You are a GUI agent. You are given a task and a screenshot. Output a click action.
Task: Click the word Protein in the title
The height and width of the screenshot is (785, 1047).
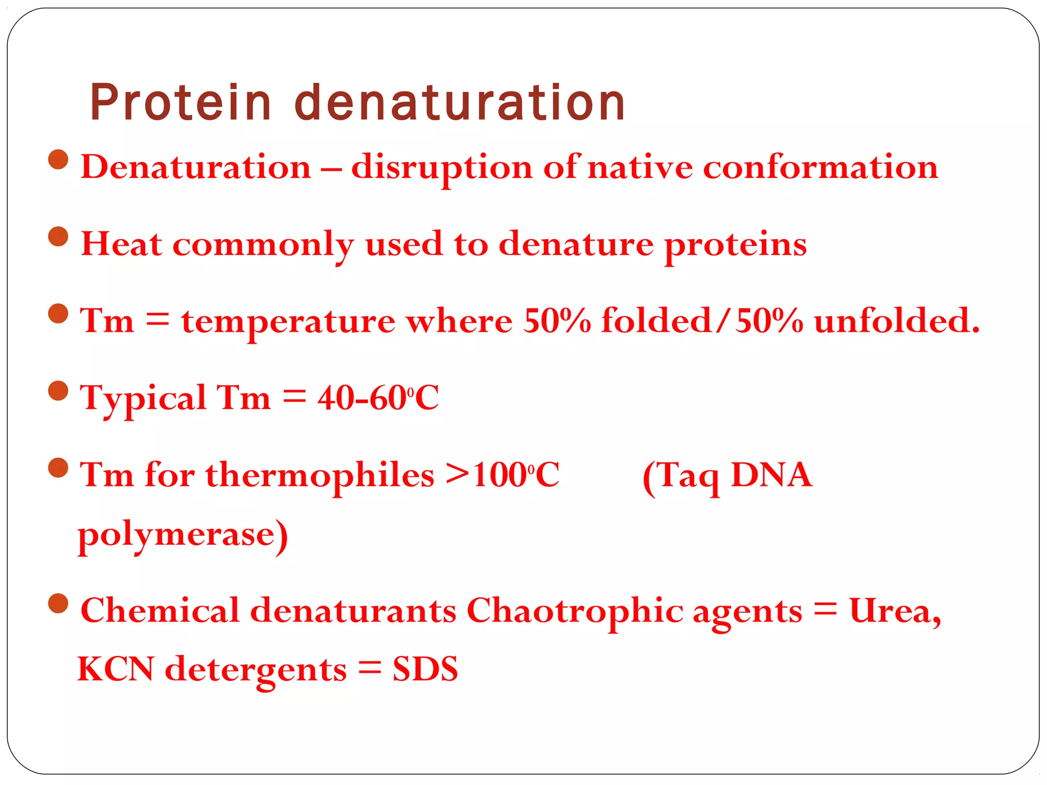[180, 103]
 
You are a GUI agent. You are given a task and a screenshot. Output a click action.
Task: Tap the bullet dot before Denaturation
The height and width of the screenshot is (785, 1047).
[58, 160]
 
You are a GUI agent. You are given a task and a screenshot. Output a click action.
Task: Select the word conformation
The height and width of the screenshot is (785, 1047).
[820, 168]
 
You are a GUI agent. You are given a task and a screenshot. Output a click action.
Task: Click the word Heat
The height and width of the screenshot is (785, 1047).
[122, 244]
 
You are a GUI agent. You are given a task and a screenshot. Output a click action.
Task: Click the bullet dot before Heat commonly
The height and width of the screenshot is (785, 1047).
[58, 237]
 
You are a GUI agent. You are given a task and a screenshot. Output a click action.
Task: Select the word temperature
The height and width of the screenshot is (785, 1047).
[288, 322]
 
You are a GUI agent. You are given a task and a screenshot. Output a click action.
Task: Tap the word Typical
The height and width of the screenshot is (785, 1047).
[143, 399]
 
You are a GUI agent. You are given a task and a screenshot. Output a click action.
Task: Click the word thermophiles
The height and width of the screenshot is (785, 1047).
[320, 475]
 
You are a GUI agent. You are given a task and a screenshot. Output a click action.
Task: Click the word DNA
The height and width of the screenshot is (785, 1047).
[771, 475]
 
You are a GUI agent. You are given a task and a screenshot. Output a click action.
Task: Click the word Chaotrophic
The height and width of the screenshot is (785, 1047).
[575, 611]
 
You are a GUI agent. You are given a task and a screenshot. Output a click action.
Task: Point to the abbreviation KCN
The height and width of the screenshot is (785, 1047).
[116, 669]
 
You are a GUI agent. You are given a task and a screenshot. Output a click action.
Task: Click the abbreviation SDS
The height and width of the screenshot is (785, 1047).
[425, 669]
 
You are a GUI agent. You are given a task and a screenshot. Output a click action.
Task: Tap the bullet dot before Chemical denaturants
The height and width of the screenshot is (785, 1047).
[58, 604]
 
